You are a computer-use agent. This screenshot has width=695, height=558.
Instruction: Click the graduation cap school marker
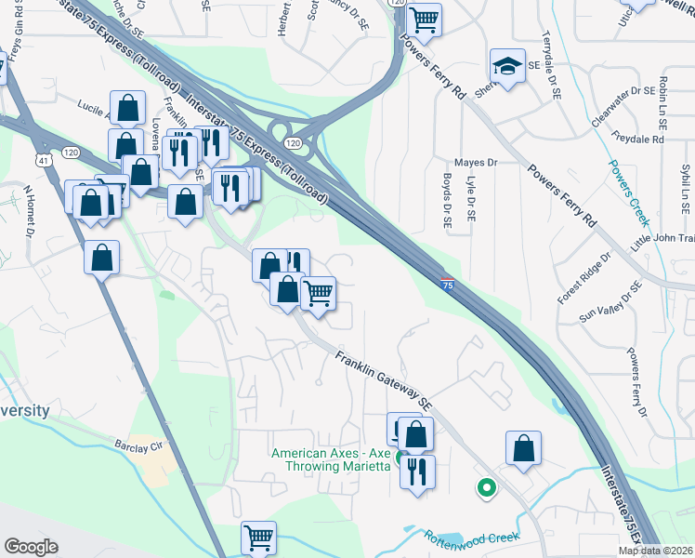click(507, 67)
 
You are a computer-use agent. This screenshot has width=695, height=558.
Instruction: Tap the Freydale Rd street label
click(638, 139)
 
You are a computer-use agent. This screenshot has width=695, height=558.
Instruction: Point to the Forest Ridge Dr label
click(584, 277)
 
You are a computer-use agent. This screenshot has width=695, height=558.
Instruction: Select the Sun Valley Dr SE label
click(610, 302)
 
